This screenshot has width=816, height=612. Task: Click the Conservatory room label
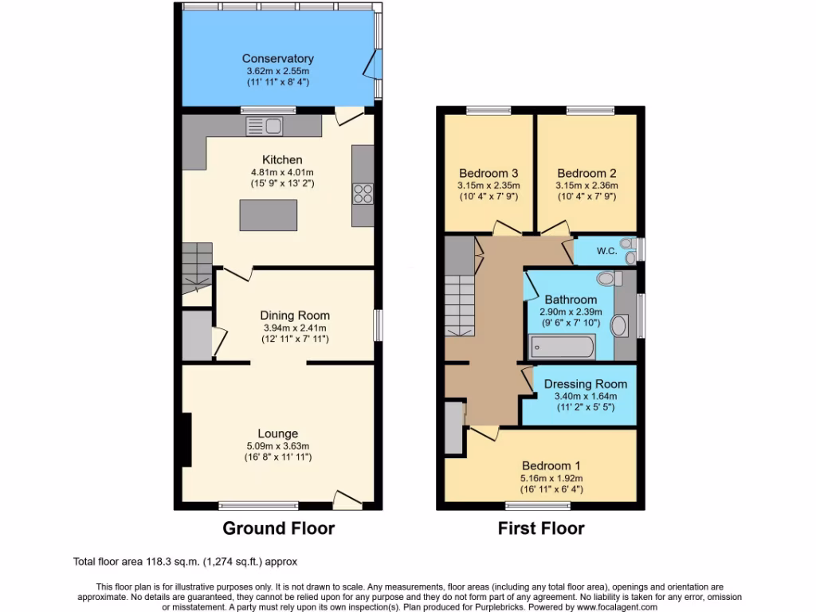coord(277,58)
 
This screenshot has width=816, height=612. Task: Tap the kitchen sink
coord(265,125)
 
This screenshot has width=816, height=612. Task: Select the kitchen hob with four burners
coord(363,192)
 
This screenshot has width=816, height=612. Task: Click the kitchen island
coord(269,214)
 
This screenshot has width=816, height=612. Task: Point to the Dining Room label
coord(296,316)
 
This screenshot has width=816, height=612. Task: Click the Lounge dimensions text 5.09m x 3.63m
coord(277,446)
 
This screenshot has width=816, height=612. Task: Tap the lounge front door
coord(347,500)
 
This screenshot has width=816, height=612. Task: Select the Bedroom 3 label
coord(488,173)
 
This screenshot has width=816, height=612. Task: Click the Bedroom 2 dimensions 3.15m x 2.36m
coord(586,186)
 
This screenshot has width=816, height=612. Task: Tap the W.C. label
coord(606,251)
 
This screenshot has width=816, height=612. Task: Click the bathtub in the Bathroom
coord(563,347)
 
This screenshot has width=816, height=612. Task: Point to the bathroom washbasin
coord(619,326)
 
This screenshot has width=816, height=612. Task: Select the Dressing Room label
coord(585,384)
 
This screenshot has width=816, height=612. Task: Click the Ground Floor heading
coord(278,528)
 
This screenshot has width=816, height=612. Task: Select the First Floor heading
coord(541,528)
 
